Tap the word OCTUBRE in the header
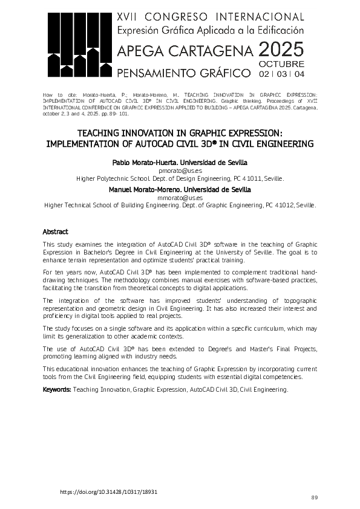[281, 63]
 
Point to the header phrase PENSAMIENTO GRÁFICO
[183, 73]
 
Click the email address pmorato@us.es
[180, 171]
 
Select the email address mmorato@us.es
[180, 198]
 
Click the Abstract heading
[55, 232]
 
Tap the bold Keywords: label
[57, 390]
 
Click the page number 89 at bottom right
[314, 498]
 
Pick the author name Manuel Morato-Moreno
[147, 190]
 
